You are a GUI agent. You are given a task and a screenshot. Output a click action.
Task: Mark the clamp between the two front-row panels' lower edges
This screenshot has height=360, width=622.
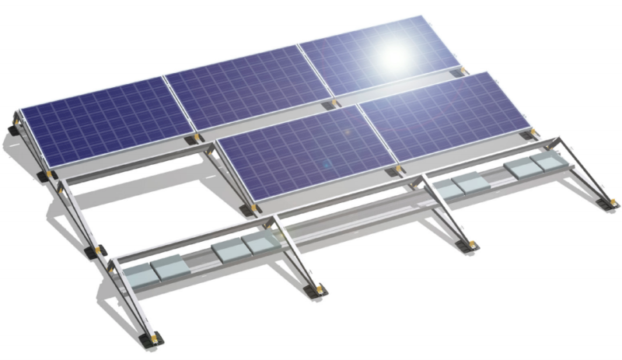[x=398, y=168]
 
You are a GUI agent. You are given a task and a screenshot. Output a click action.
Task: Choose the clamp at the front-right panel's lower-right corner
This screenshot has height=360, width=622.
[x=532, y=132]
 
